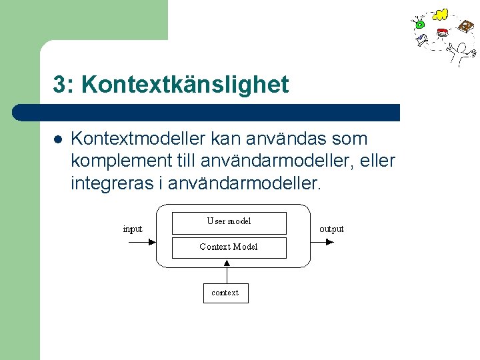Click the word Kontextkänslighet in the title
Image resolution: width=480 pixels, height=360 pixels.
pyautogui.click(x=186, y=85)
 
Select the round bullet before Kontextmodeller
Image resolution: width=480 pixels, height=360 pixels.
pyautogui.click(x=57, y=140)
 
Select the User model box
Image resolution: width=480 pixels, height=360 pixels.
pyautogui.click(x=229, y=223)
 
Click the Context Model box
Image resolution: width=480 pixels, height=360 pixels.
pyautogui.click(x=229, y=247)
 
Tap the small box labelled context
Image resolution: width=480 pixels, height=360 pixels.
pyautogui.click(x=225, y=293)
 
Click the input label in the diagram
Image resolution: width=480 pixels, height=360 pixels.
pyautogui.click(x=133, y=229)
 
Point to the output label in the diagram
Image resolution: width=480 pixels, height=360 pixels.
pyautogui.click(x=331, y=229)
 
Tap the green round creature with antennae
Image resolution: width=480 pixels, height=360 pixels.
pyautogui.click(x=419, y=24)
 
